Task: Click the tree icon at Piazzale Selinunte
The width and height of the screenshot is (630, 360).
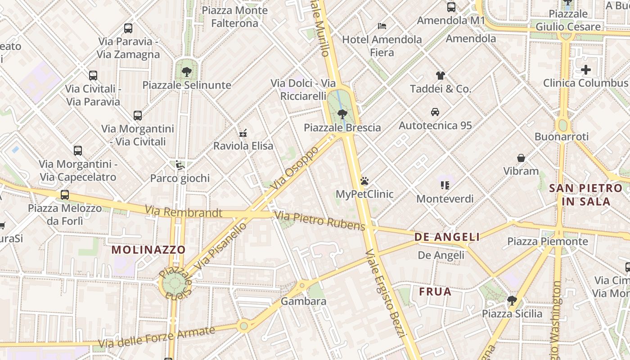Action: pyautogui.click(x=187, y=71)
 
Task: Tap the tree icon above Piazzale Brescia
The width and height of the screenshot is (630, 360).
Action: pyautogui.click(x=342, y=113)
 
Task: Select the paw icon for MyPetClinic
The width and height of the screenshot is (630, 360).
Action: pyautogui.click(x=364, y=181)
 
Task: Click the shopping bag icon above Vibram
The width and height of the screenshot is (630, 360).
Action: pyautogui.click(x=521, y=158)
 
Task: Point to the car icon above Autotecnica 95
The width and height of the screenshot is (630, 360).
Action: pyautogui.click(x=435, y=112)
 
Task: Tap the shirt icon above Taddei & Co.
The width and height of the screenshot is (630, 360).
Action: pyautogui.click(x=440, y=75)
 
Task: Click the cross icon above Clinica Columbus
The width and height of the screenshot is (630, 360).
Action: pyautogui.click(x=585, y=70)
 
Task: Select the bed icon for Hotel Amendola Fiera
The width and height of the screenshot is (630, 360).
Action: pyautogui.click(x=382, y=26)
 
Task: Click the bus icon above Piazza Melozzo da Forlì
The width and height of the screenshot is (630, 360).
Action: pyautogui.click(x=65, y=195)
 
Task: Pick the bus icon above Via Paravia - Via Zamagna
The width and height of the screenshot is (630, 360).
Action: pyautogui.click(x=128, y=28)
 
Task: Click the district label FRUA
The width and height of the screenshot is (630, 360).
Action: pyautogui.click(x=435, y=292)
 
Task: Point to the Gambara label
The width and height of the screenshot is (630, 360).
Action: pyautogui.click(x=304, y=301)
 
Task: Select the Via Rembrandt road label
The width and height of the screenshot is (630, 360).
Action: pyautogui.click(x=184, y=211)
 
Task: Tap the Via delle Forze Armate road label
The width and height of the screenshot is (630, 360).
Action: pyautogui.click(x=157, y=337)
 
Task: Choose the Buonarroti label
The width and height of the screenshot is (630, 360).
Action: pyautogui.click(x=562, y=136)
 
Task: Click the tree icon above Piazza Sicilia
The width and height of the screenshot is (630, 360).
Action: pyautogui.click(x=512, y=300)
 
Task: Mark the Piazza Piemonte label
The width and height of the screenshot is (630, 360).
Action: pyautogui.click(x=548, y=241)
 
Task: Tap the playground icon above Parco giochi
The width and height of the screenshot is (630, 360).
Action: pyautogui.click(x=180, y=165)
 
